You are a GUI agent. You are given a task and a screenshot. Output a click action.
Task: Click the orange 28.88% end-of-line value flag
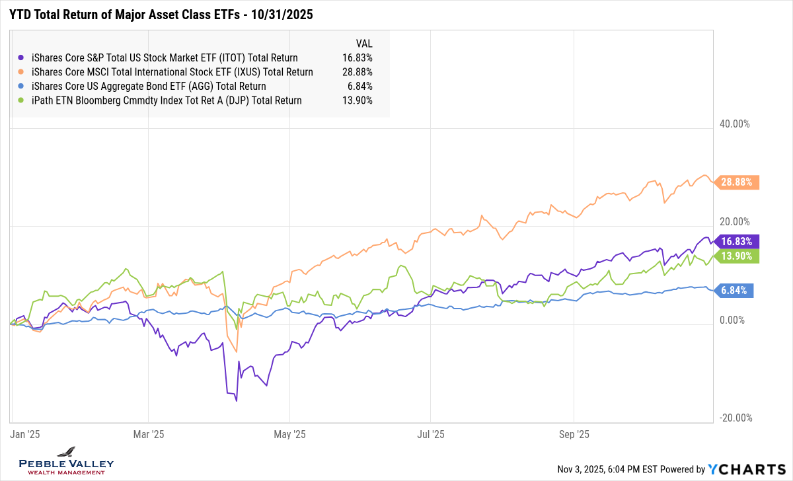(737, 183)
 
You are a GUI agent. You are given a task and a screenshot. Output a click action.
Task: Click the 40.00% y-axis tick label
(734, 124)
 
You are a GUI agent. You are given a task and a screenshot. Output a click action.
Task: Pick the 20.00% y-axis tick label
(734, 222)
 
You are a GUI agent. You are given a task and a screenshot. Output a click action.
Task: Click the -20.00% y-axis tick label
(734, 418)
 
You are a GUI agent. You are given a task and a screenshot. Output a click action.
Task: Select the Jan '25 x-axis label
(25, 435)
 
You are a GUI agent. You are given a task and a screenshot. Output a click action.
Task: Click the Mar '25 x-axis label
(149, 435)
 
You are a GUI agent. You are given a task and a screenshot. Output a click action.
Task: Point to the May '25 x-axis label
(290, 435)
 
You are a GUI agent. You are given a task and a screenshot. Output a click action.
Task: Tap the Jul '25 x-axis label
(430, 435)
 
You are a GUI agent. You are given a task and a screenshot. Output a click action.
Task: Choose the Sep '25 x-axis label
(574, 435)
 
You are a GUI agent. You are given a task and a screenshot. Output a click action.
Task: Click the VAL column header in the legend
(364, 44)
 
